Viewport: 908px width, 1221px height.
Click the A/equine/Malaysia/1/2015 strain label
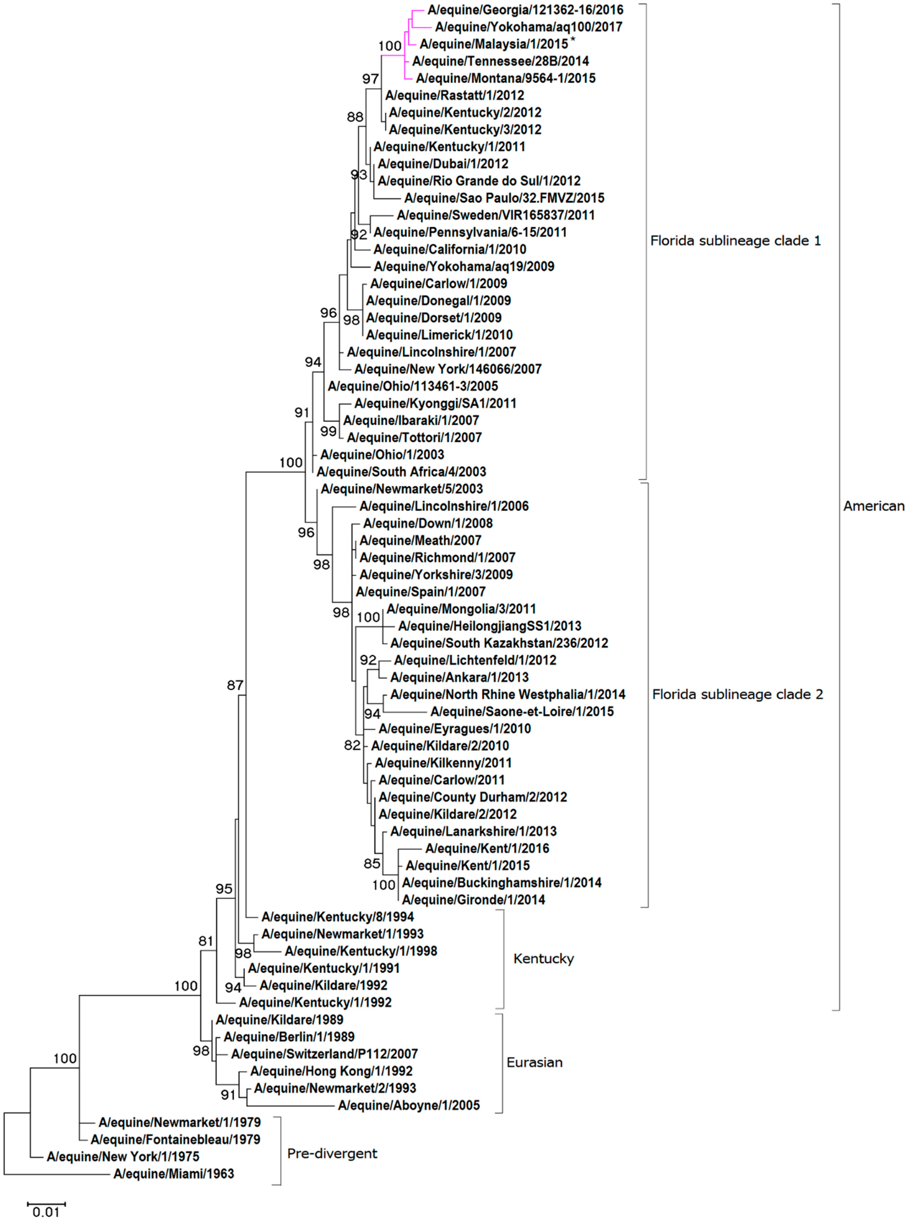point(493,44)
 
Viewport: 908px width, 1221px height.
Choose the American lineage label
point(873,506)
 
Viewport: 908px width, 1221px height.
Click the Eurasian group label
point(534,1062)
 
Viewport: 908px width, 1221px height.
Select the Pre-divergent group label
point(332,1153)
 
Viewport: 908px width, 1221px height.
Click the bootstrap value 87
point(235,685)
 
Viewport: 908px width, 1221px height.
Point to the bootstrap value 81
point(206,941)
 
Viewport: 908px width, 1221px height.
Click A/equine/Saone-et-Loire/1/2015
point(522,711)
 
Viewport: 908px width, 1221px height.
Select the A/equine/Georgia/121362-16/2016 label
point(525,10)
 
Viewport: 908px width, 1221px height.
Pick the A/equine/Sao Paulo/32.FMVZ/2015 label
point(504,198)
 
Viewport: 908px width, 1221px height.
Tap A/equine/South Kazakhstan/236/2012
point(499,643)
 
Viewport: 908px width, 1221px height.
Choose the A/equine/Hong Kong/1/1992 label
point(331,1071)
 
